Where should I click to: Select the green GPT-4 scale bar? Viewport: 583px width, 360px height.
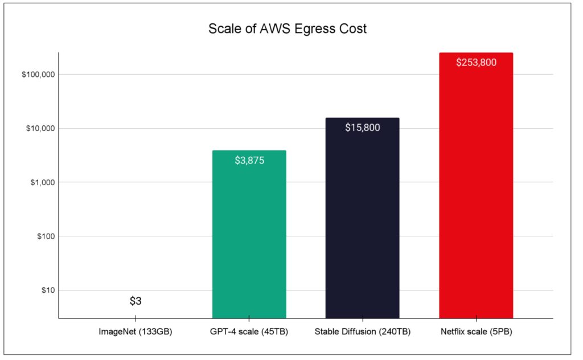click(249, 239)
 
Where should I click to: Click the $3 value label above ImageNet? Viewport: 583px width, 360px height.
click(136, 301)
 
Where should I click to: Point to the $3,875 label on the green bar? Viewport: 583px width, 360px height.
click(249, 161)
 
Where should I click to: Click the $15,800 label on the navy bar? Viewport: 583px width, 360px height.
click(362, 128)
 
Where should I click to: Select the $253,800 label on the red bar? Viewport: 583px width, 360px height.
click(476, 62)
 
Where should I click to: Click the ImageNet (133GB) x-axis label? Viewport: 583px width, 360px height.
click(136, 331)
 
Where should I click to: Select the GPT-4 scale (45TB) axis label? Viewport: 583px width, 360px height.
click(249, 331)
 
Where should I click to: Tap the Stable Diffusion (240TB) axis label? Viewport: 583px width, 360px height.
click(362, 331)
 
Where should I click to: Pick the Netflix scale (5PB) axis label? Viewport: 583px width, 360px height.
click(476, 331)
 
